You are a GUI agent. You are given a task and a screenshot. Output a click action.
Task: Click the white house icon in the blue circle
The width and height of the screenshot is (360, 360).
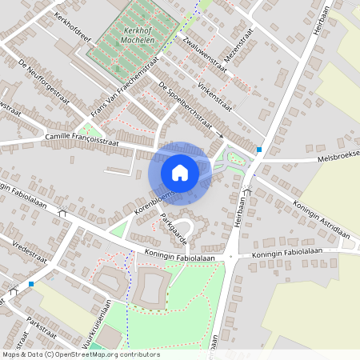(179, 172)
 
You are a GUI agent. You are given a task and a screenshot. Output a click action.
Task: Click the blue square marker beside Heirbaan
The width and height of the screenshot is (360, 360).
(259, 150)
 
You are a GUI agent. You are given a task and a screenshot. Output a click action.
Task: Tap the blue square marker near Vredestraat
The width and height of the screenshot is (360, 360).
(31, 283)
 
